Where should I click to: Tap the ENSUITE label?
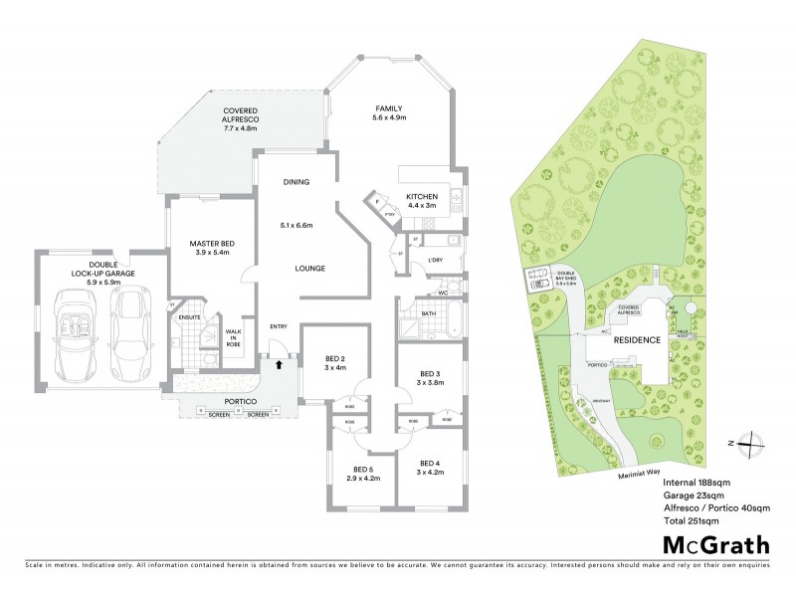[x=188, y=318]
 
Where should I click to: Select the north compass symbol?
[x=754, y=444]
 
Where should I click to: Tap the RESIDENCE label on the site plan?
[x=636, y=340]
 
